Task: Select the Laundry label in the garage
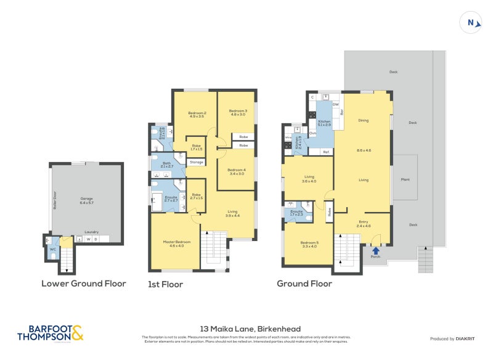[92, 232]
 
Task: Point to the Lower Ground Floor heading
[84, 284]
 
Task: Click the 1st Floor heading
[166, 285]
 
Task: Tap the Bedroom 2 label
[197, 115]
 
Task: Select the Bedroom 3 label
[238, 112]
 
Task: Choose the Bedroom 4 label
[236, 171]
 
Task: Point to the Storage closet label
[196, 162]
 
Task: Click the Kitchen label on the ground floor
[324, 123]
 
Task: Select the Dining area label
[363, 120]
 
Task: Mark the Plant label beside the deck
[405, 180]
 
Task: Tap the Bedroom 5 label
[309, 243]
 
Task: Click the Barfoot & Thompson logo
[50, 333]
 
